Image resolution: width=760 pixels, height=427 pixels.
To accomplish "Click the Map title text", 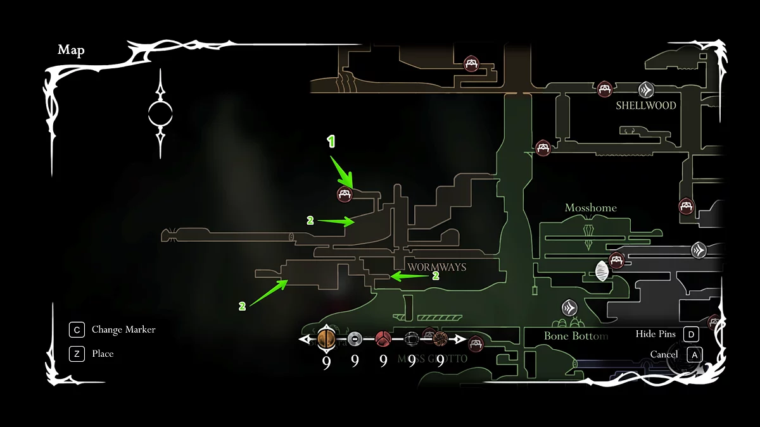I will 71,51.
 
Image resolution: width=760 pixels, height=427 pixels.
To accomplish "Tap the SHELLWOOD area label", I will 646,106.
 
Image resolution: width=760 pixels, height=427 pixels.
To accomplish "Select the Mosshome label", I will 590,208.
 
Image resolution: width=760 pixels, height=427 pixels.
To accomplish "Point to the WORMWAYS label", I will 437,267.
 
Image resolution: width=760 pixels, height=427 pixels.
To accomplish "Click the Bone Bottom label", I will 576,336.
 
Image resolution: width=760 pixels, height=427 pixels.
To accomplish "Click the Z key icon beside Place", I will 76,354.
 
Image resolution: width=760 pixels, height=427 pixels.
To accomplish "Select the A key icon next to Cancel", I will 695,355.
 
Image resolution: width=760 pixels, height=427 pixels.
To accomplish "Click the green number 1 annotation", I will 330,142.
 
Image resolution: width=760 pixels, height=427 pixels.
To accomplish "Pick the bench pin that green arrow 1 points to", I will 345,194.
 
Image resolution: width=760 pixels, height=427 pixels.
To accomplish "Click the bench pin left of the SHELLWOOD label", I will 605,89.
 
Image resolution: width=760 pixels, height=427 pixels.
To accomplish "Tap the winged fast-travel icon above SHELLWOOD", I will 646,89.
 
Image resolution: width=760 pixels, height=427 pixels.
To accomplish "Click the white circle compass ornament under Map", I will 160,114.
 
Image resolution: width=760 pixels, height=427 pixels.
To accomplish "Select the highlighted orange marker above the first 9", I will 326,340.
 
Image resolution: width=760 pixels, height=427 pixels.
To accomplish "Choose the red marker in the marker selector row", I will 383,340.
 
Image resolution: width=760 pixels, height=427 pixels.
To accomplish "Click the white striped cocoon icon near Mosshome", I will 601,272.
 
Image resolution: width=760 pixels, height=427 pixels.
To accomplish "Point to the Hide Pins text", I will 655,334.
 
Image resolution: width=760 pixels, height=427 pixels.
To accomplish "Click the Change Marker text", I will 123,330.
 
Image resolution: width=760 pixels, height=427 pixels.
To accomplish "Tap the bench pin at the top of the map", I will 471,63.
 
